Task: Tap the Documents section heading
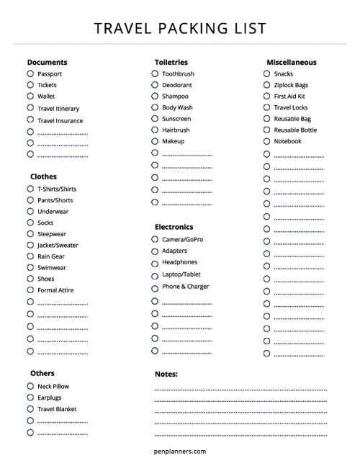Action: pyautogui.click(x=48, y=62)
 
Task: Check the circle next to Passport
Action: pyautogui.click(x=30, y=73)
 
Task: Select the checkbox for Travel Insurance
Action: pyautogui.click(x=30, y=120)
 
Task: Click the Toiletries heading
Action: pyautogui.click(x=171, y=62)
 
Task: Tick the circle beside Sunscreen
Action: pyautogui.click(x=155, y=118)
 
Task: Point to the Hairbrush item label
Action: pyautogui.click(x=176, y=130)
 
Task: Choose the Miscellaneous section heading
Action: pyautogui.click(x=291, y=62)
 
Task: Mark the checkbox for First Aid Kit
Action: pyautogui.click(x=266, y=96)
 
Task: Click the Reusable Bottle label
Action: pyautogui.click(x=295, y=130)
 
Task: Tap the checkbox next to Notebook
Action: pyautogui.click(x=266, y=141)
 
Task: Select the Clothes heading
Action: pyautogui.click(x=43, y=176)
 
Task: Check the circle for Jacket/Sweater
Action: pyautogui.click(x=30, y=245)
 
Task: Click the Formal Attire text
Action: pyautogui.click(x=55, y=290)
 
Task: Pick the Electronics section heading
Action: pyautogui.click(x=174, y=227)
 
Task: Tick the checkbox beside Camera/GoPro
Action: pyautogui.click(x=155, y=239)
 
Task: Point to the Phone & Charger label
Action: pyautogui.click(x=186, y=287)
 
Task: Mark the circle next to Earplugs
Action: pyautogui.click(x=30, y=398)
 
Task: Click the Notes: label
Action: pyautogui.click(x=166, y=374)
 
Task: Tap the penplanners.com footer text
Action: pyautogui.click(x=180, y=452)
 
